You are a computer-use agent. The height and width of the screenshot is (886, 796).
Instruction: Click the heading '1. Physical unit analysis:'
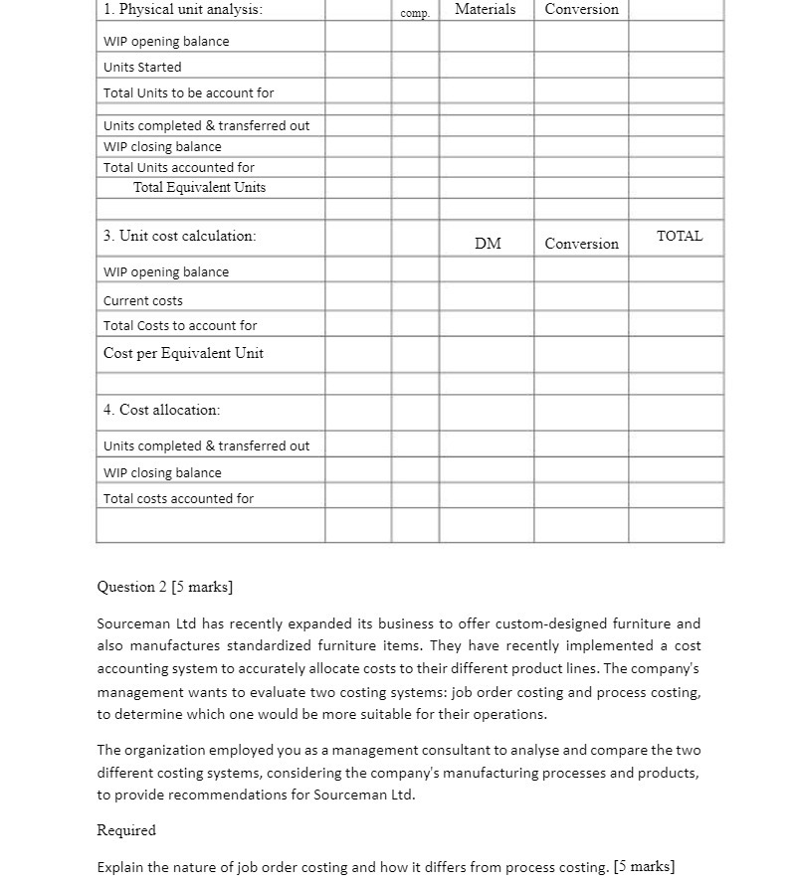[183, 9]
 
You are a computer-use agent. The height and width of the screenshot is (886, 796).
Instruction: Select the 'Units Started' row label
[142, 67]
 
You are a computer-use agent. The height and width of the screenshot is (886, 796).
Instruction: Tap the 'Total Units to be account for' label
[188, 92]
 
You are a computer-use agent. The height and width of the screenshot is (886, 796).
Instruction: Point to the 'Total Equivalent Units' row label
[199, 187]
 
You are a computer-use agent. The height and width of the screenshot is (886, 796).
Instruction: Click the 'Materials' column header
[485, 9]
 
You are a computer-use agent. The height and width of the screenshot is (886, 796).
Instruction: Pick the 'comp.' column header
[414, 13]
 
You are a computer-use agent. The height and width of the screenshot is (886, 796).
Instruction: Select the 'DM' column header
[488, 244]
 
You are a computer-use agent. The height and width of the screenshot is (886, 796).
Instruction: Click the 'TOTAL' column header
[680, 236]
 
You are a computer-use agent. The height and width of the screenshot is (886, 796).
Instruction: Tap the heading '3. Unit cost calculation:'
[179, 236]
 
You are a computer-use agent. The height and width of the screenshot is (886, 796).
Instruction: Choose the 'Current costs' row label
[143, 300]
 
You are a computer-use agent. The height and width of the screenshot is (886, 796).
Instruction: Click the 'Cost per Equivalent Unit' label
[183, 353]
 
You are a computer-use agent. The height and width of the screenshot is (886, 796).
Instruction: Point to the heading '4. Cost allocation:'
[161, 410]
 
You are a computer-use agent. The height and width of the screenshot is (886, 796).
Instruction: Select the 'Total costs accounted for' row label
[178, 498]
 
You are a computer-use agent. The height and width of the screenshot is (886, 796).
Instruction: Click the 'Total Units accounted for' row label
[179, 167]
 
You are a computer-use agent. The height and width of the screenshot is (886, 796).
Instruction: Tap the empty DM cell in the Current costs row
[486, 300]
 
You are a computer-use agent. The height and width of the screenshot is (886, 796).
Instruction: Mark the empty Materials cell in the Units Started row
[486, 67]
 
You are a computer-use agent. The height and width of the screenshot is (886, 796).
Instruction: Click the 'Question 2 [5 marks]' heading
[164, 587]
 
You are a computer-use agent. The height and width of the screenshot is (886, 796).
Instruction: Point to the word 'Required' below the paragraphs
[126, 830]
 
